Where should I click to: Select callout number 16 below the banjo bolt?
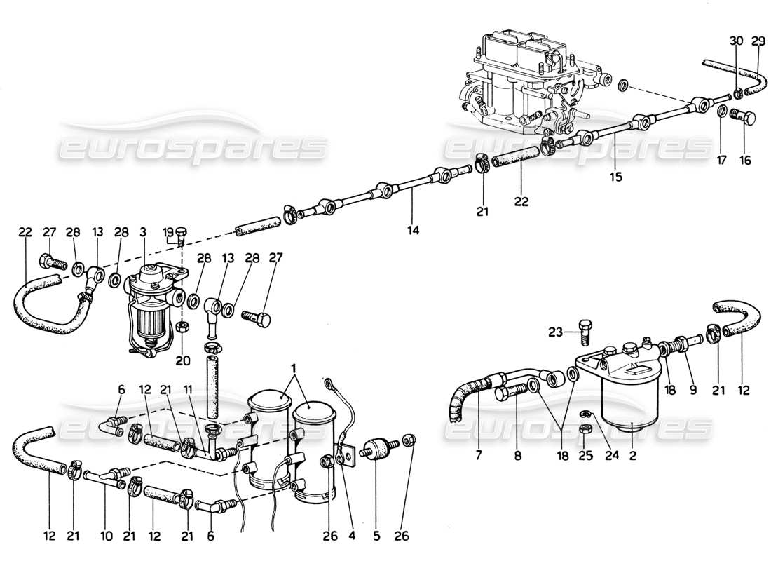coord(744,161)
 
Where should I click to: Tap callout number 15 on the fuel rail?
coord(615,177)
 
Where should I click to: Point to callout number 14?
coord(414,229)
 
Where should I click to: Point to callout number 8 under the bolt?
coord(518,455)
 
